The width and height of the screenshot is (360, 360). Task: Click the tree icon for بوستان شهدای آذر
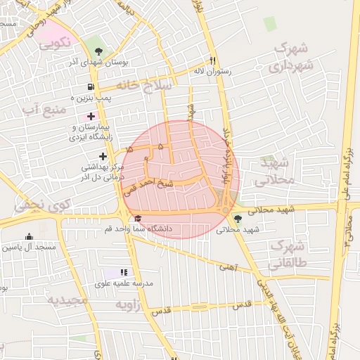100,51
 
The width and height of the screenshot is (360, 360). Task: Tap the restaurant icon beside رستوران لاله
212,60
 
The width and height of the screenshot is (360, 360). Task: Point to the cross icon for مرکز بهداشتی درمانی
103,156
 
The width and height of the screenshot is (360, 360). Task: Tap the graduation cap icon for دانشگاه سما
138,219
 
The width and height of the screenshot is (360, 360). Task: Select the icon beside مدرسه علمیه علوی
124,272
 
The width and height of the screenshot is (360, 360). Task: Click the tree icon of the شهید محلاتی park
238,219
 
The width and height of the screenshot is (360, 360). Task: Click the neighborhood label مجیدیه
67,300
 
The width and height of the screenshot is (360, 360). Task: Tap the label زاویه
129,304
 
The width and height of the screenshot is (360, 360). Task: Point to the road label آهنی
227,268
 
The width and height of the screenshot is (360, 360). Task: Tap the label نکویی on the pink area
55,41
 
